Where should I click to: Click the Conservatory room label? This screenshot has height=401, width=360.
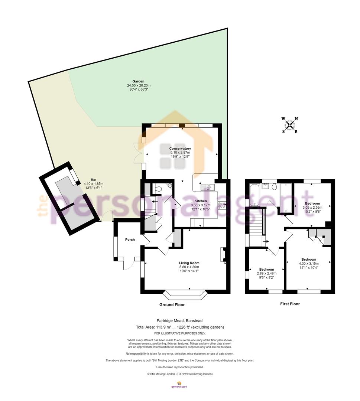[x=180, y=148]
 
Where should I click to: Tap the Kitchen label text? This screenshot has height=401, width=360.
[x=201, y=201]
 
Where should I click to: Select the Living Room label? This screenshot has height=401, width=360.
[x=189, y=263]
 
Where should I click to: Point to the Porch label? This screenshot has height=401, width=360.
[x=130, y=239]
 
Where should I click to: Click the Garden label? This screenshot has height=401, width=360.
[x=139, y=81]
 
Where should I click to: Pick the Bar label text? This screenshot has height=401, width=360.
[x=94, y=180]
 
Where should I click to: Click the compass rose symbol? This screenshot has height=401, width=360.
[x=290, y=125]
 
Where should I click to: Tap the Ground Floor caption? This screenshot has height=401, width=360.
[x=172, y=304]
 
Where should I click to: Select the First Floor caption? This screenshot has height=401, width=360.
[x=290, y=304]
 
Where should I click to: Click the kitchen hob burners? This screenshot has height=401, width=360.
[x=221, y=206]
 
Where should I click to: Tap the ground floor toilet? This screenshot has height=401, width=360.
[x=159, y=189]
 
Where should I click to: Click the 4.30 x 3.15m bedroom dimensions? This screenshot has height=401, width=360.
[x=309, y=263]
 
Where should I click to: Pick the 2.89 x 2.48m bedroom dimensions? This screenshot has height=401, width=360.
[x=267, y=273]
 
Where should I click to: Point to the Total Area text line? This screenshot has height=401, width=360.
[x=180, y=327]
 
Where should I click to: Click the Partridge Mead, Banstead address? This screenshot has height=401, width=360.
[x=179, y=320]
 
